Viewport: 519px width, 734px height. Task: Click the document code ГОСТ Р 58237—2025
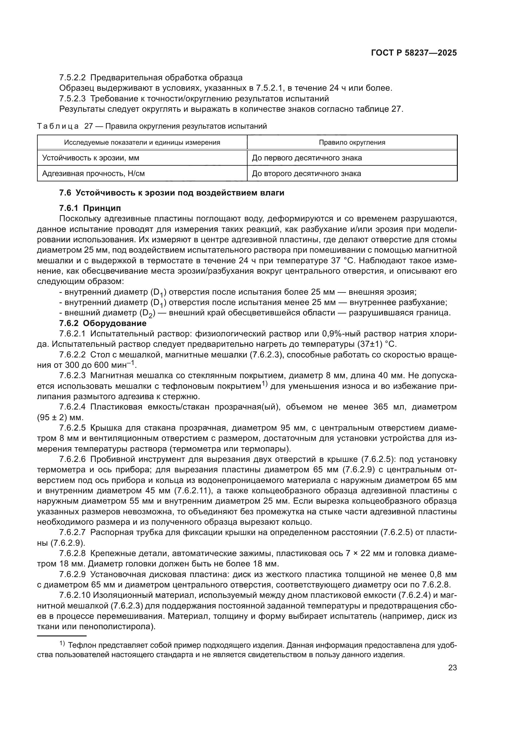pos(414,53)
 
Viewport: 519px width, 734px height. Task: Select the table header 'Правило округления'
pos(352,142)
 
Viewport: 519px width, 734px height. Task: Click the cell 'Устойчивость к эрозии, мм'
pos(91,158)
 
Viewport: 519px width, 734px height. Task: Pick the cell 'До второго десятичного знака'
pos(307,174)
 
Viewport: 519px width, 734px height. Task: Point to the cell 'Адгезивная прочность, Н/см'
pos(93,174)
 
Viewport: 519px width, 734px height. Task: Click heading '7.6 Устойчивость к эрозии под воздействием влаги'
pos(172,193)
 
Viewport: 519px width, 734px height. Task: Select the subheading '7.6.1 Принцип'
pos(90,208)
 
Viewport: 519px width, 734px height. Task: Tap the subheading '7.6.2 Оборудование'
pos(103,323)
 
